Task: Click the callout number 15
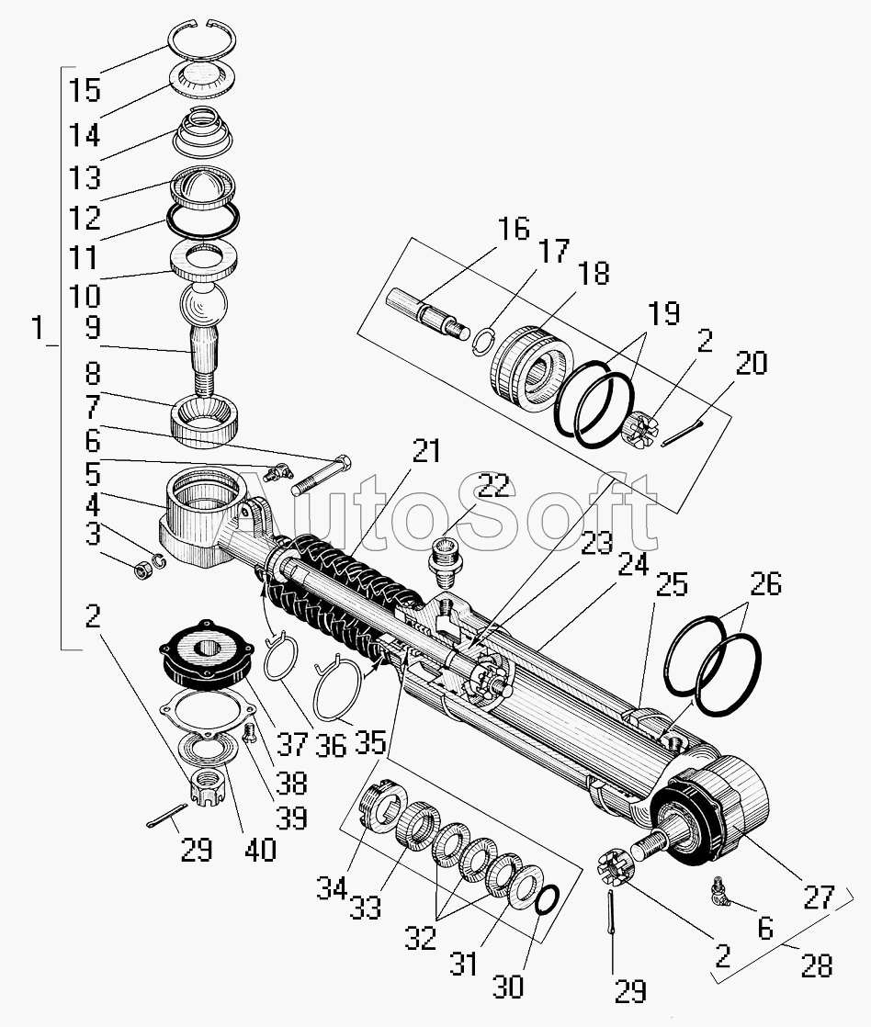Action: [x=85, y=90]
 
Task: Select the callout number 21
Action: [x=426, y=451]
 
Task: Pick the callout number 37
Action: [x=290, y=744]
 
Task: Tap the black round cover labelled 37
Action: [x=207, y=656]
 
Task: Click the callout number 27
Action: [x=819, y=897]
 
